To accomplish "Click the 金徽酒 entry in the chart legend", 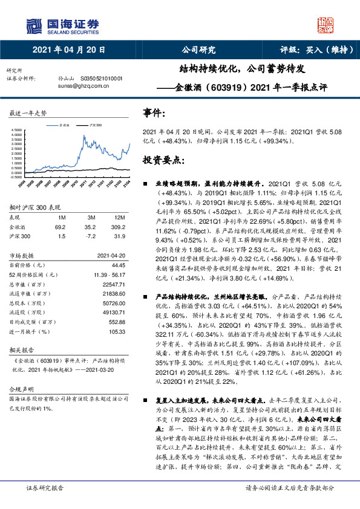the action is (64, 124).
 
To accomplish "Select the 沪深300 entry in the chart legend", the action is (95, 124).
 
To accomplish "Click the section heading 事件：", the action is (154, 112).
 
